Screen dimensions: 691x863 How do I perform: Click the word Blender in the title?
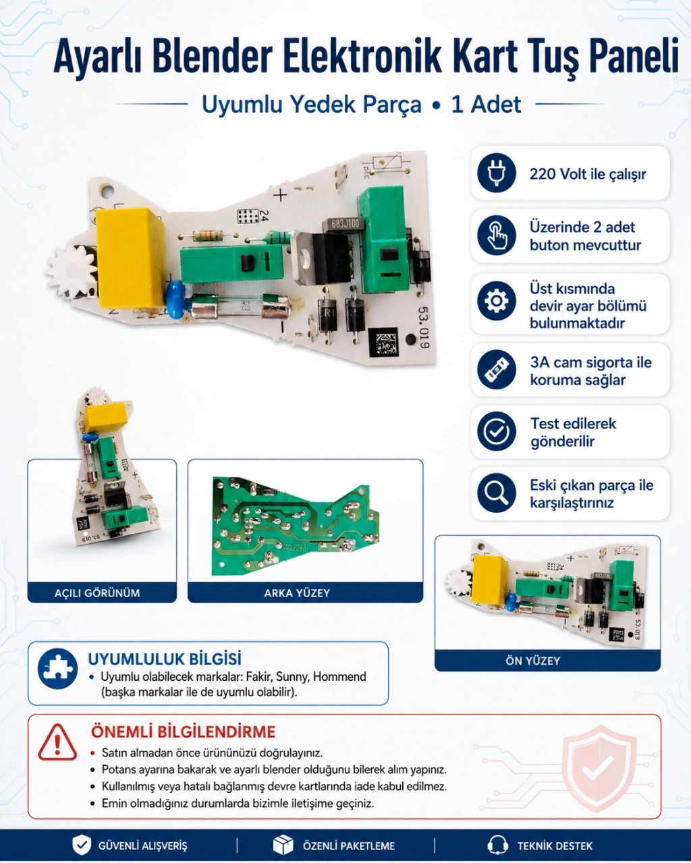pos(212,56)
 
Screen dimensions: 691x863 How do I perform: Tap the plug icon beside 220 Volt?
pos(497,173)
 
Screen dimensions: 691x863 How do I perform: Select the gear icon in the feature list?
pos(497,301)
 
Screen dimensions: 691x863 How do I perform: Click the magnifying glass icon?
pos(497,493)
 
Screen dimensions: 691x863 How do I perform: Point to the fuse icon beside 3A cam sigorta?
pos(497,370)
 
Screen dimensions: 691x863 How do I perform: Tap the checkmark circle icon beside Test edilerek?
pos(497,431)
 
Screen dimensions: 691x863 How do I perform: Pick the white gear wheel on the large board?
pos(72,271)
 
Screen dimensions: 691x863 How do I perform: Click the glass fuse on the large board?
pos(240,308)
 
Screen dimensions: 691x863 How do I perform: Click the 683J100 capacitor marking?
pos(345,223)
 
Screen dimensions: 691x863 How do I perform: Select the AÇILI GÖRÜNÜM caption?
pos(97,593)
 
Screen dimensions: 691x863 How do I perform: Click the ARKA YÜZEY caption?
pos(297,593)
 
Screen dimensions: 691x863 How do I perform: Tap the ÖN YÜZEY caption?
pos(532,661)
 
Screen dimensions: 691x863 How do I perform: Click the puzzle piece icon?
pos(57,669)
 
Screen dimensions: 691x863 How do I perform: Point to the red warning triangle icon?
pos(57,742)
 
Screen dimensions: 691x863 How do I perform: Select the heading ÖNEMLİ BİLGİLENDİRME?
pos(183,732)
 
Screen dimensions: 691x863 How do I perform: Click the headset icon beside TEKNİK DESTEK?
pos(498,845)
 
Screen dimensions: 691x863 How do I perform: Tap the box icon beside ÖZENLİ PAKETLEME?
pos(283,845)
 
